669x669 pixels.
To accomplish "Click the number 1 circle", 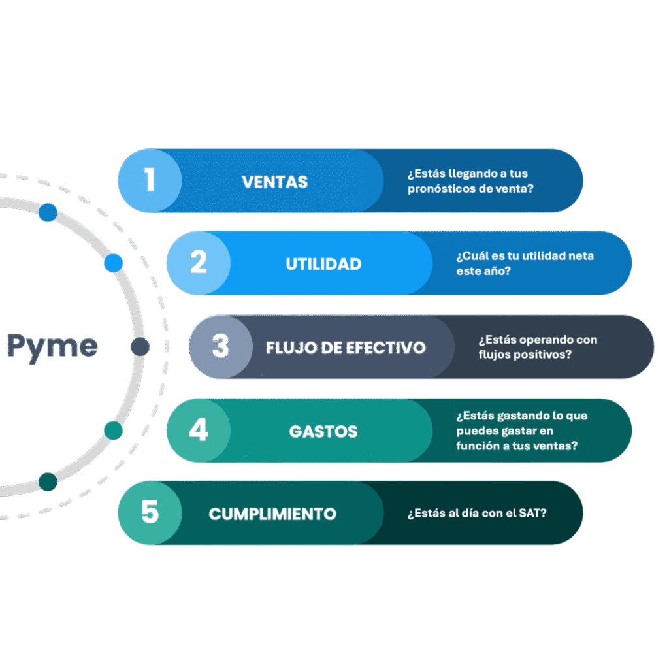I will (x=150, y=180).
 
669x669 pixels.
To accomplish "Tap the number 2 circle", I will (x=199, y=263).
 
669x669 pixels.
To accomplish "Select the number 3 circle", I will (x=221, y=346).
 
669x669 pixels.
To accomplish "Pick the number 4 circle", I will (x=199, y=431).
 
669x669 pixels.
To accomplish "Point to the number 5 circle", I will (x=150, y=513).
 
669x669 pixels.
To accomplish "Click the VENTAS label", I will (x=274, y=182).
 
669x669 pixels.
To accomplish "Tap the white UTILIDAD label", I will (x=323, y=264).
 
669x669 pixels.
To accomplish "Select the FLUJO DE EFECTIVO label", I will (x=346, y=348).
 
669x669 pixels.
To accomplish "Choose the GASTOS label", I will (x=323, y=432).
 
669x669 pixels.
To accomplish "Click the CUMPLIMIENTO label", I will (x=272, y=514).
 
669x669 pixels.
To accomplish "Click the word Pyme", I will (x=52, y=346).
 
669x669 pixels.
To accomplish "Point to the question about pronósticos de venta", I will (x=470, y=182).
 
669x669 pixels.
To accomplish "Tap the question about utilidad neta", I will (x=525, y=263).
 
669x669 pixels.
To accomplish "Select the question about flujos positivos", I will (x=537, y=347).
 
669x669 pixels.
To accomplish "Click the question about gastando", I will (x=521, y=431).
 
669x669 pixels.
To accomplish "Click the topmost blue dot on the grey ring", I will (x=48, y=212).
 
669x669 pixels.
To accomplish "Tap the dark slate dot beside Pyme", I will (x=140, y=347).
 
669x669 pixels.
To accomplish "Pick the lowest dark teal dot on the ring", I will (x=48, y=481).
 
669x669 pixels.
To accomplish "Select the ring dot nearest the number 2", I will (x=114, y=263).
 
